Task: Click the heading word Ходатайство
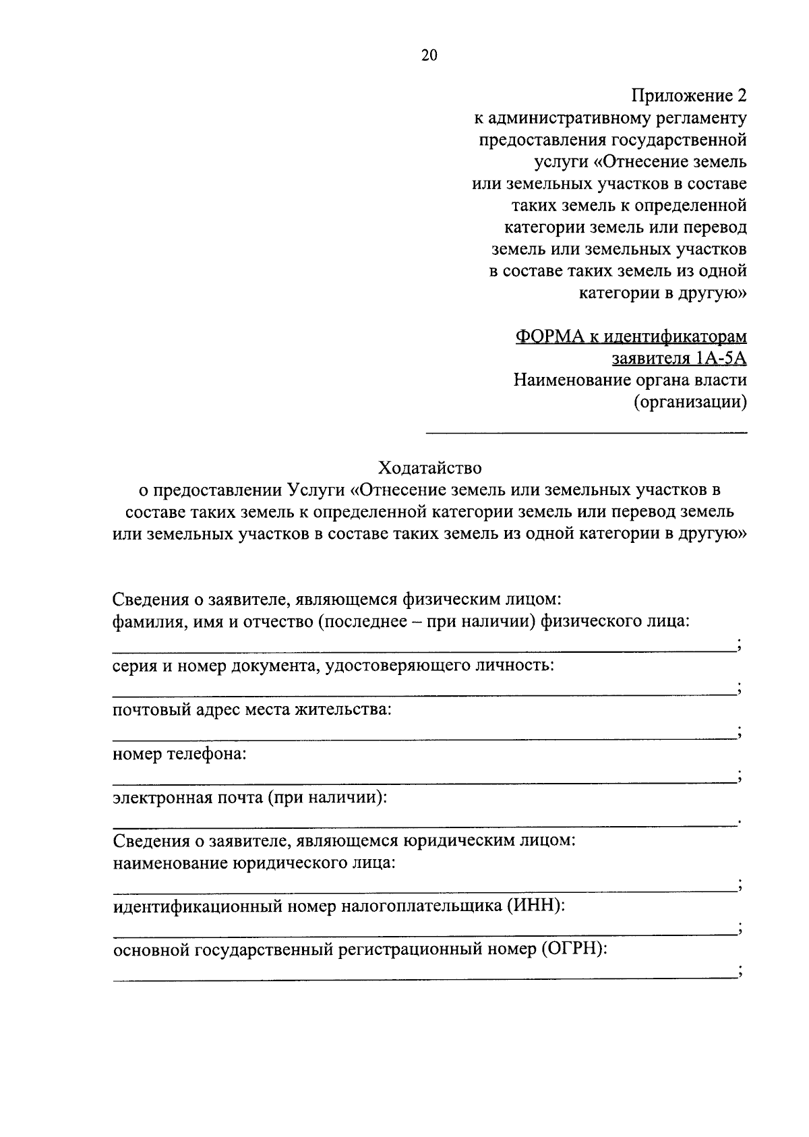pos(430,467)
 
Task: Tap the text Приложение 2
pos(689,96)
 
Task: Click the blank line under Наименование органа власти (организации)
pos(585,432)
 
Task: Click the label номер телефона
pos(179,753)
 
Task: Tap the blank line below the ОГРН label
pos(423,978)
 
